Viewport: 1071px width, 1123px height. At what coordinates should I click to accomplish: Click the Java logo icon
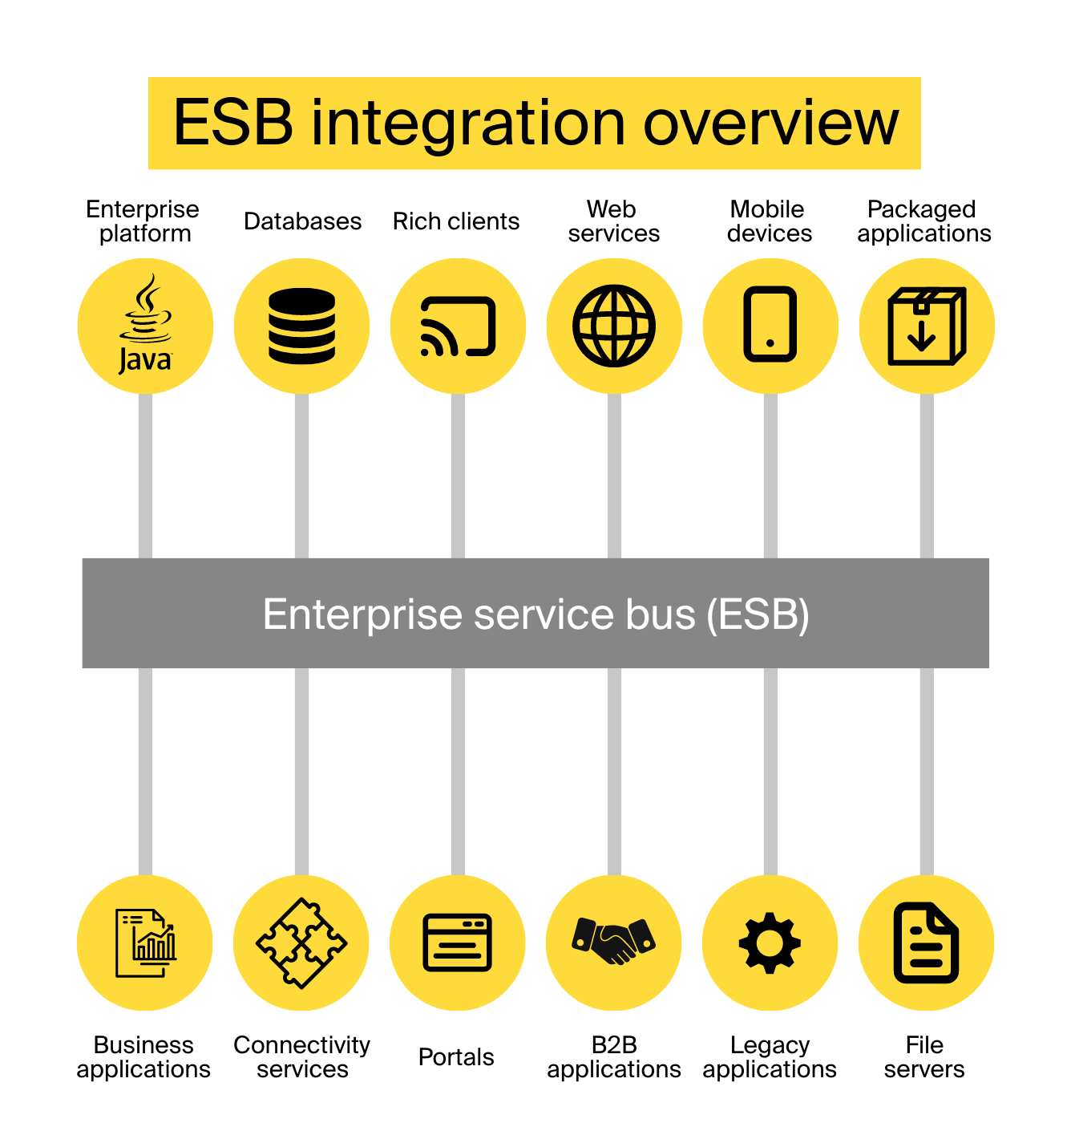(x=145, y=325)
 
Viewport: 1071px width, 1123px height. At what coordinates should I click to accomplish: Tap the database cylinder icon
(x=301, y=326)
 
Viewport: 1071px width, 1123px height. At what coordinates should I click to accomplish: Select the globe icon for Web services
(x=614, y=326)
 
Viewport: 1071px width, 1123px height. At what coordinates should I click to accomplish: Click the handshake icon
(x=613, y=942)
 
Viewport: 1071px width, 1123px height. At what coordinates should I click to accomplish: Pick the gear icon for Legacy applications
(x=770, y=943)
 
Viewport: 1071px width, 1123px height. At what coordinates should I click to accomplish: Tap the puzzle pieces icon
(x=301, y=943)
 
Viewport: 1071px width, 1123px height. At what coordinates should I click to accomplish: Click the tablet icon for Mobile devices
(x=770, y=325)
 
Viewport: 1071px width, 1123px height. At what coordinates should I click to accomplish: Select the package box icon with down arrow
(x=927, y=326)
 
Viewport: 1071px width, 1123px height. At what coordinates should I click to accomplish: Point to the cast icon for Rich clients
(x=458, y=326)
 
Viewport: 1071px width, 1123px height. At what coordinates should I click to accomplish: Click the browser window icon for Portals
(x=457, y=943)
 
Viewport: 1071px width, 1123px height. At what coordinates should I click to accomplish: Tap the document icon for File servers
(x=926, y=943)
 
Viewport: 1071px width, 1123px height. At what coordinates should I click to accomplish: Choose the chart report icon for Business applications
(x=145, y=943)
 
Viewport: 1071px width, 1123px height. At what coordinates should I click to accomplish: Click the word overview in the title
(x=770, y=124)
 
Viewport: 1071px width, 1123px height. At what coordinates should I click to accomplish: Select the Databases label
(x=302, y=221)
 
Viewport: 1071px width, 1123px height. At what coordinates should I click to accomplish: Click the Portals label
(x=456, y=1057)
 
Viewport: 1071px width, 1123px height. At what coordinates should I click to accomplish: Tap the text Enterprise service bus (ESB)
(x=535, y=614)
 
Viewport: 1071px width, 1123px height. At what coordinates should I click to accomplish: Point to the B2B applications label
(x=613, y=1057)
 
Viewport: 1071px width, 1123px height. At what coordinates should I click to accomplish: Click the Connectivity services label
(x=301, y=1057)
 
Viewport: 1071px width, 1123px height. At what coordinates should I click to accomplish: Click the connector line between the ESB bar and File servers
(x=927, y=771)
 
